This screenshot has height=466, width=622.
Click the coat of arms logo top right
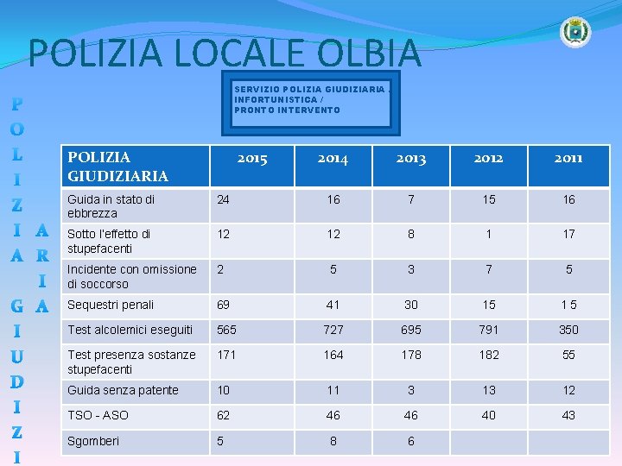point(574,32)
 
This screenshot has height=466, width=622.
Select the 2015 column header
point(252,158)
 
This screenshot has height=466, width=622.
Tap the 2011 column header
point(568,158)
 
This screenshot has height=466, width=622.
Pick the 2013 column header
point(411,158)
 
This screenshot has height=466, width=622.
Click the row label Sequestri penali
point(111,305)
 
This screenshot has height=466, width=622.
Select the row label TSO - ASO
point(98,415)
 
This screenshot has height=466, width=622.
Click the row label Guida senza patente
point(123,390)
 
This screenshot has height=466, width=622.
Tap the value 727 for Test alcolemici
point(333,330)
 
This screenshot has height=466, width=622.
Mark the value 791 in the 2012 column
point(489,330)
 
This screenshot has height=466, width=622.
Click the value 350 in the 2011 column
point(568,330)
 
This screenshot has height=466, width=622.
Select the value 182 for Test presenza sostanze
point(489,355)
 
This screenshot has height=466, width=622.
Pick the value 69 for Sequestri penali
point(225,305)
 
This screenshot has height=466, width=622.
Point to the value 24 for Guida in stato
point(224,199)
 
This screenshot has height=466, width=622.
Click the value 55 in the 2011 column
point(568,355)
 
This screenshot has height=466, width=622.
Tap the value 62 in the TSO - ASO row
point(225,415)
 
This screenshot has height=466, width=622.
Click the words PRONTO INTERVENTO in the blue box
point(287,110)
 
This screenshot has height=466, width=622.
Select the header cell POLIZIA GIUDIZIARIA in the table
point(117,167)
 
